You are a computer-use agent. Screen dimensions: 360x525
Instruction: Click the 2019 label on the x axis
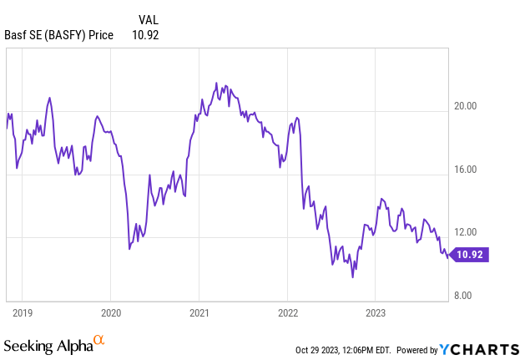23,313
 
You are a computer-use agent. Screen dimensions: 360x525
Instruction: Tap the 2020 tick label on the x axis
111,313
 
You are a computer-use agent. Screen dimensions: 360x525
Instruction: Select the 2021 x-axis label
199,313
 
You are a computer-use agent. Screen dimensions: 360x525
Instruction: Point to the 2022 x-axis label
287,313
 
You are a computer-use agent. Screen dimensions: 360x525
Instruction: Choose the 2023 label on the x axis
375,313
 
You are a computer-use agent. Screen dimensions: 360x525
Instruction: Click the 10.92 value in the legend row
145,34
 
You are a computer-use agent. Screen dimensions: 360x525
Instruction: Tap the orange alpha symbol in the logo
98,340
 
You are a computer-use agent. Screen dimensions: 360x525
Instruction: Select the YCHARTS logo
481,349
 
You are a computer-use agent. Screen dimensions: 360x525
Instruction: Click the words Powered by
416,350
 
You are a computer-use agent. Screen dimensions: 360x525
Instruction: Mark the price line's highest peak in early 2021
217,83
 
